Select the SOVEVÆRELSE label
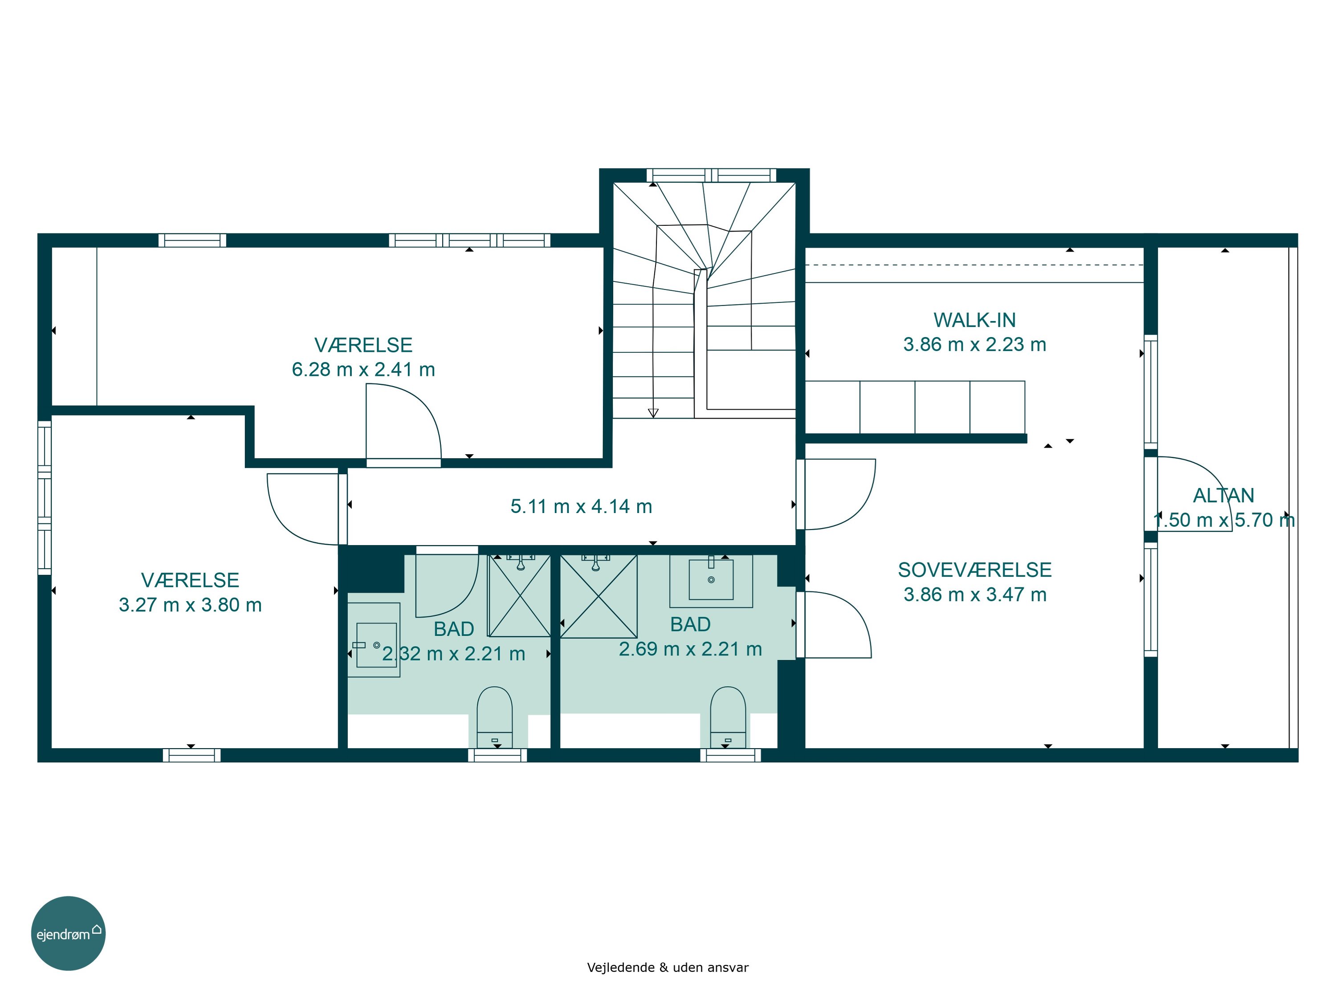[x=974, y=570]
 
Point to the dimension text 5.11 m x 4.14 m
[x=581, y=506]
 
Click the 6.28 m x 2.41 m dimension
[x=363, y=369]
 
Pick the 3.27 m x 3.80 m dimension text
[x=190, y=605]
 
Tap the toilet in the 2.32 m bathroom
[x=495, y=717]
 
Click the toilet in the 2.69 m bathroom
[x=728, y=717]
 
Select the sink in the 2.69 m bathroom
[x=711, y=580]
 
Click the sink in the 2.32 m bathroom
[x=374, y=639]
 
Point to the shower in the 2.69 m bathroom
[x=598, y=595]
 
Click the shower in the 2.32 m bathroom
[x=519, y=595]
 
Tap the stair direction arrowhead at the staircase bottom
[x=653, y=413]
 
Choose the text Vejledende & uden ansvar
[x=668, y=968]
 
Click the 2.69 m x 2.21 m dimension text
[x=690, y=649]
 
